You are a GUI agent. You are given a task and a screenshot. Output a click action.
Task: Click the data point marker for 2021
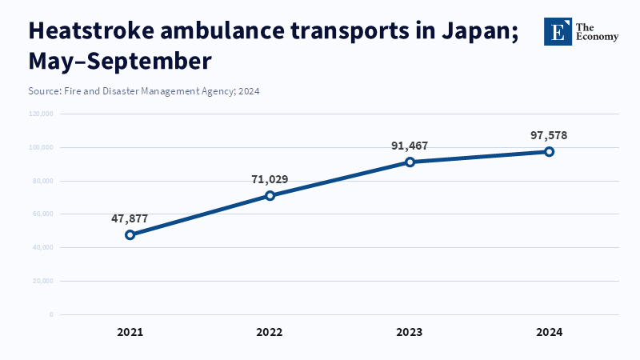[130, 234]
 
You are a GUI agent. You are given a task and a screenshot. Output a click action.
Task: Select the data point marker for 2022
[270, 195]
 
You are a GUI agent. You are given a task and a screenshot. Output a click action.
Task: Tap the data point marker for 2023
[410, 162]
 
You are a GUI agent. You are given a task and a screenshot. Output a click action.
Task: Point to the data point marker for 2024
[550, 151]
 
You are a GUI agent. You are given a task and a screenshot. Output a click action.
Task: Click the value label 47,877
[130, 218]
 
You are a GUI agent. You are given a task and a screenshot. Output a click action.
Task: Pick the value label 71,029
[270, 178]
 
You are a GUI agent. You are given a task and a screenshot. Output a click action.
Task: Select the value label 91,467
[410, 145]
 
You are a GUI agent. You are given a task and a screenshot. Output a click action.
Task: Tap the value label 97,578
[549, 134]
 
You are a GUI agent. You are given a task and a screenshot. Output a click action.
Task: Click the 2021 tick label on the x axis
[130, 331]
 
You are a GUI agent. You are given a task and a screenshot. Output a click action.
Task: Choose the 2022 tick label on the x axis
[270, 331]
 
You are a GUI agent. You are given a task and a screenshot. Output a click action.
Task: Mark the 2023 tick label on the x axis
[410, 331]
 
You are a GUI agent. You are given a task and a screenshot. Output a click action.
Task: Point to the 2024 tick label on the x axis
[550, 331]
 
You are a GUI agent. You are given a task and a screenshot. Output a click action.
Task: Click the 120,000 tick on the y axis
[40, 114]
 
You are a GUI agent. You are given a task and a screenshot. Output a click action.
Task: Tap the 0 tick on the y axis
[51, 314]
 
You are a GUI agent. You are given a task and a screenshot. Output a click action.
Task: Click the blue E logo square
[558, 31]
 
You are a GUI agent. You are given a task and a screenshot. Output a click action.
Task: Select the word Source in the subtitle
[44, 91]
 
